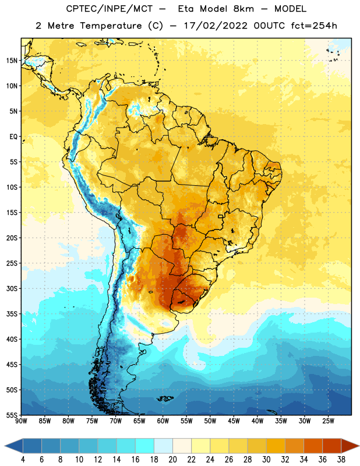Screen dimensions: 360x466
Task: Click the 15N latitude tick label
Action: coord(12,61)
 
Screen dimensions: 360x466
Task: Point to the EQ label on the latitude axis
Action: coord(13,137)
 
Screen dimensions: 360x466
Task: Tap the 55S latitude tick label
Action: coord(12,415)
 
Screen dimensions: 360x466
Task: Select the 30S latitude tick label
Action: coord(12,288)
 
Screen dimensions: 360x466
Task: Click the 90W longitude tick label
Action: coord(21,421)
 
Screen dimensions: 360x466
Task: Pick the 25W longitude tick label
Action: coord(328,421)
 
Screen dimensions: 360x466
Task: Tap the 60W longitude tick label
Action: coord(163,421)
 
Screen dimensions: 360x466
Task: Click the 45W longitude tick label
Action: coord(234,421)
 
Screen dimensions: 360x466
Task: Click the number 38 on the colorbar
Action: coord(341,460)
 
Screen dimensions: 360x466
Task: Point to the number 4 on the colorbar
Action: coord(23,460)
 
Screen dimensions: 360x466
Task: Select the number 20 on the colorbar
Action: coord(172,460)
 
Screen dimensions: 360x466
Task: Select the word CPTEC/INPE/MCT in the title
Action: coord(109,9)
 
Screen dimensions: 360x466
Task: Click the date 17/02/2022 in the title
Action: coord(215,26)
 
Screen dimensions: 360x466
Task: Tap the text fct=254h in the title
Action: coord(314,26)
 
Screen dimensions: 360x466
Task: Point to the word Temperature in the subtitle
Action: coord(111,26)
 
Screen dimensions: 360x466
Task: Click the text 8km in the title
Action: coord(243,9)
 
